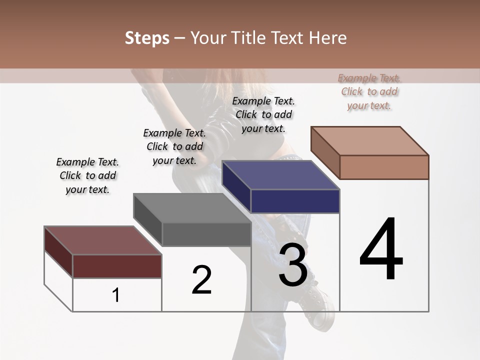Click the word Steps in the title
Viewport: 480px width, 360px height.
pyautogui.click(x=147, y=38)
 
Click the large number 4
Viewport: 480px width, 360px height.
pyautogui.click(x=381, y=250)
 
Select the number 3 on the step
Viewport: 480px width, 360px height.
pyautogui.click(x=293, y=265)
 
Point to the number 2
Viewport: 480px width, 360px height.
pyautogui.click(x=201, y=279)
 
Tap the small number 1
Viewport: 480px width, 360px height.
pyautogui.click(x=116, y=295)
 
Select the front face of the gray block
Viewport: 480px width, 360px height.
pyautogui.click(x=206, y=234)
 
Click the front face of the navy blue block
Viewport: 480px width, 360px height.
pyautogui.click(x=295, y=201)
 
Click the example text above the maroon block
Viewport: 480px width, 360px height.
pyautogui.click(x=87, y=175)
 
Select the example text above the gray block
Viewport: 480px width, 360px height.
pyautogui.click(x=174, y=146)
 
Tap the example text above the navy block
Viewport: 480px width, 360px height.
pyautogui.click(x=263, y=114)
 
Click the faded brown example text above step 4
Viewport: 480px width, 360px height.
pyautogui.click(x=369, y=91)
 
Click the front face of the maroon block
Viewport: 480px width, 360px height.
pyautogui.click(x=117, y=266)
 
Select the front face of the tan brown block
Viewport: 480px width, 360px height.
pyautogui.click(x=384, y=167)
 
